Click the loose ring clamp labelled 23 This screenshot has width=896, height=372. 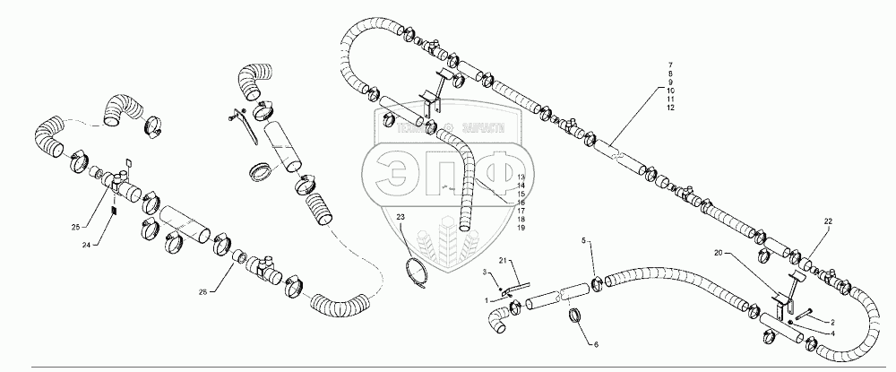click(418, 272)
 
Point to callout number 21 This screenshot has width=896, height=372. click(503, 260)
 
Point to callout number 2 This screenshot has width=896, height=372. click(831, 320)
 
